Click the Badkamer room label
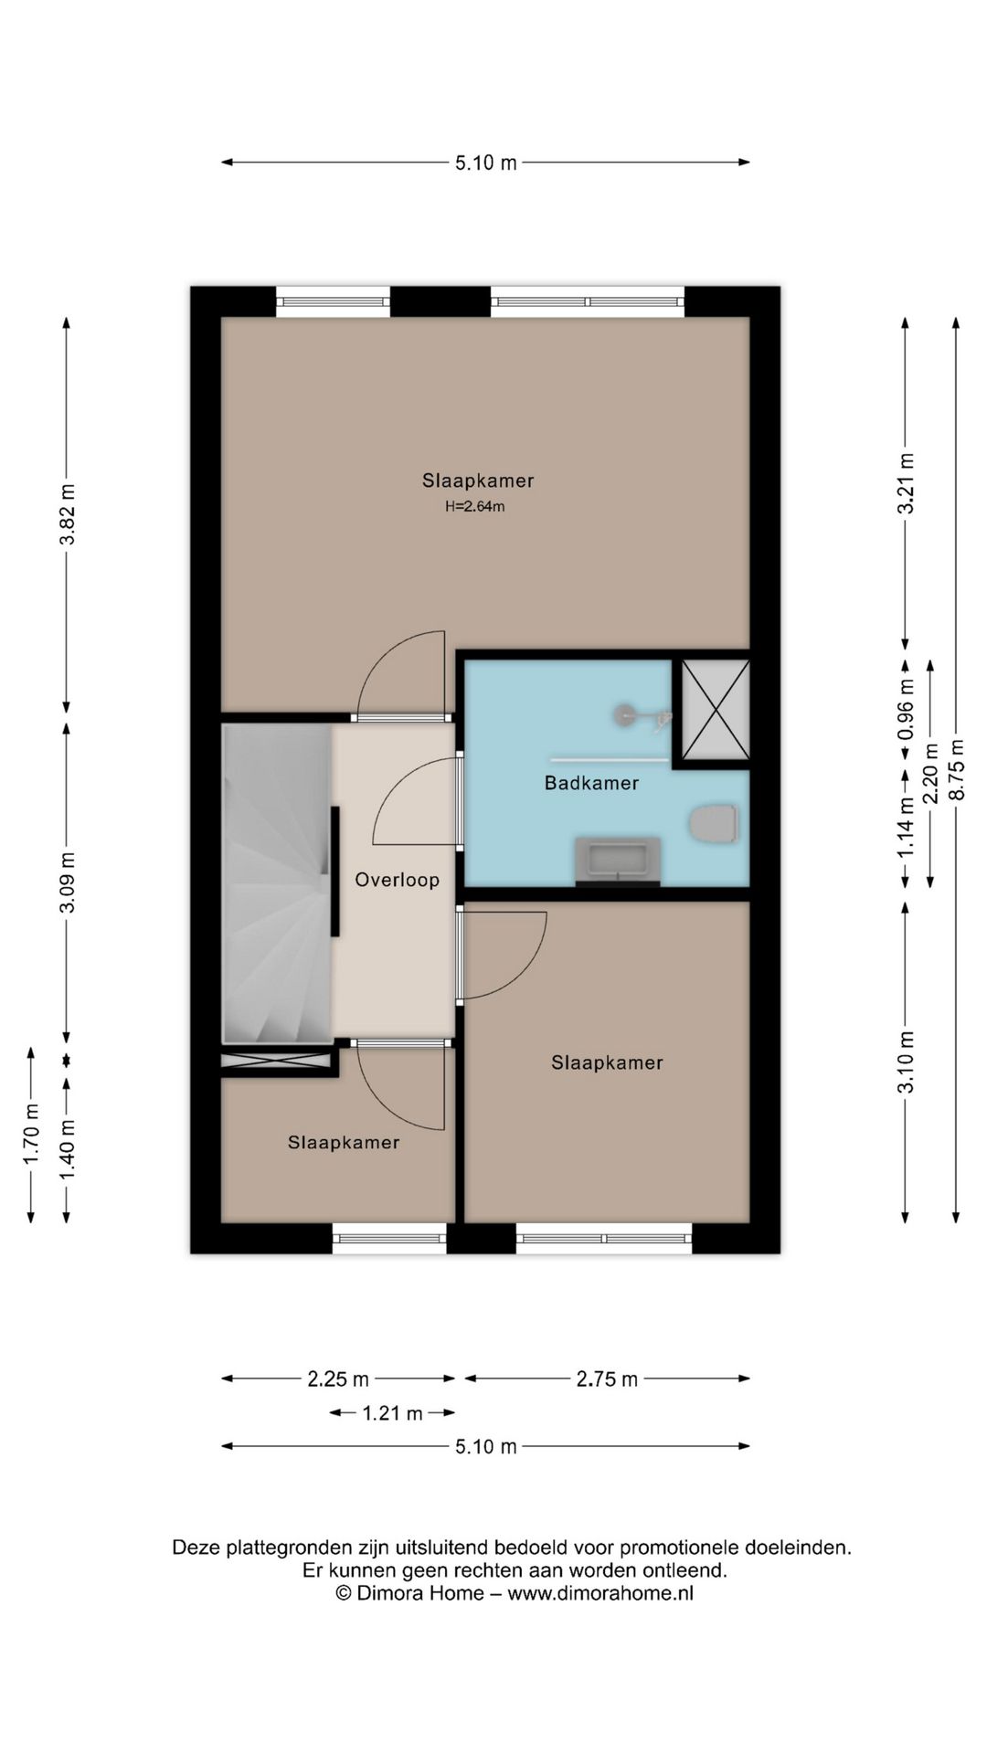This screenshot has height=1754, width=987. coord(591,783)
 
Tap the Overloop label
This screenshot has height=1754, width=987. coord(398,880)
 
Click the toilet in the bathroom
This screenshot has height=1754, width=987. coord(714,825)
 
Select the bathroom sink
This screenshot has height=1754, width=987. coord(618,861)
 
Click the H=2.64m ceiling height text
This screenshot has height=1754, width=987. coord(475,506)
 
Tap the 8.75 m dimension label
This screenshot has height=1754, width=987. coord(956,769)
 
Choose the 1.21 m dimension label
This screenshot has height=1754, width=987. coord(393,1413)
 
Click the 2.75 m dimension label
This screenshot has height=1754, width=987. coord(607,1379)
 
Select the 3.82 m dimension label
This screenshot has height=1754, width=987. coord(67,514)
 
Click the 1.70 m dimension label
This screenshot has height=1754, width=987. coord(31,1135)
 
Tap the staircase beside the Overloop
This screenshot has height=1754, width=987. coord(277,882)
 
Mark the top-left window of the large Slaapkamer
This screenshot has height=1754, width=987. coord(334,301)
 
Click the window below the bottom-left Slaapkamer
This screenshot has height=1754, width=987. coord(389,1239)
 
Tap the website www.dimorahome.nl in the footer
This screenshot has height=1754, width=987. coord(600,1592)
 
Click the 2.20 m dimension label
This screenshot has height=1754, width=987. coord(931,773)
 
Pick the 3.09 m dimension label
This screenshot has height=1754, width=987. coord(67,882)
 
